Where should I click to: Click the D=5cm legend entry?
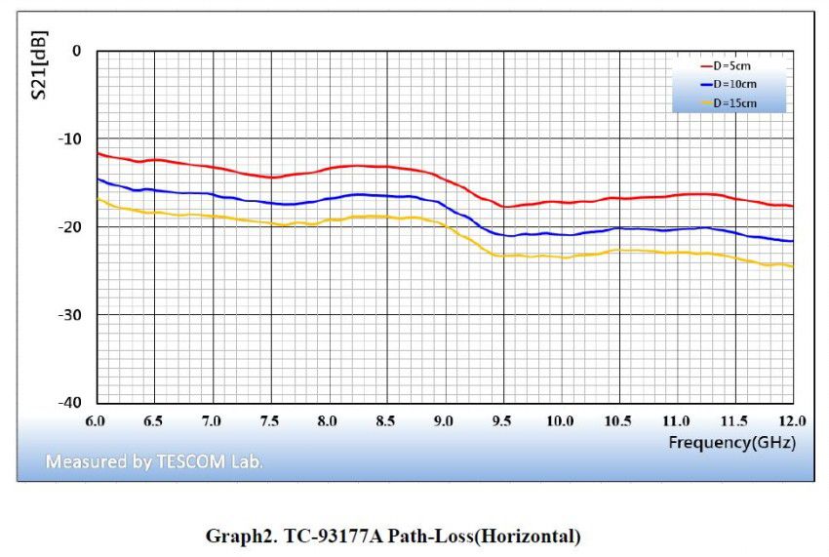coord(732,65)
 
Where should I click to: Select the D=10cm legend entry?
coord(734,84)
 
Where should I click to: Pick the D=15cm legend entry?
coord(734,102)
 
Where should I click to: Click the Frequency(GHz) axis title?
coord(731,442)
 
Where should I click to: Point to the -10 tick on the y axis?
coord(69,139)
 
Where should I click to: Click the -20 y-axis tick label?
coord(69,226)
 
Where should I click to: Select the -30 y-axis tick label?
coord(69,315)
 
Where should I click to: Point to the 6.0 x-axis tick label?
coord(96,420)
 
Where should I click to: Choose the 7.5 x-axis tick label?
coord(269,420)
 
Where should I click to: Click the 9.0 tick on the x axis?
coord(444,420)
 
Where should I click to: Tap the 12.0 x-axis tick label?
coord(791,420)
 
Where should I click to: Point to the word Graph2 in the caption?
coord(235,536)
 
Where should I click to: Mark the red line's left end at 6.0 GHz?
coord(97,152)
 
